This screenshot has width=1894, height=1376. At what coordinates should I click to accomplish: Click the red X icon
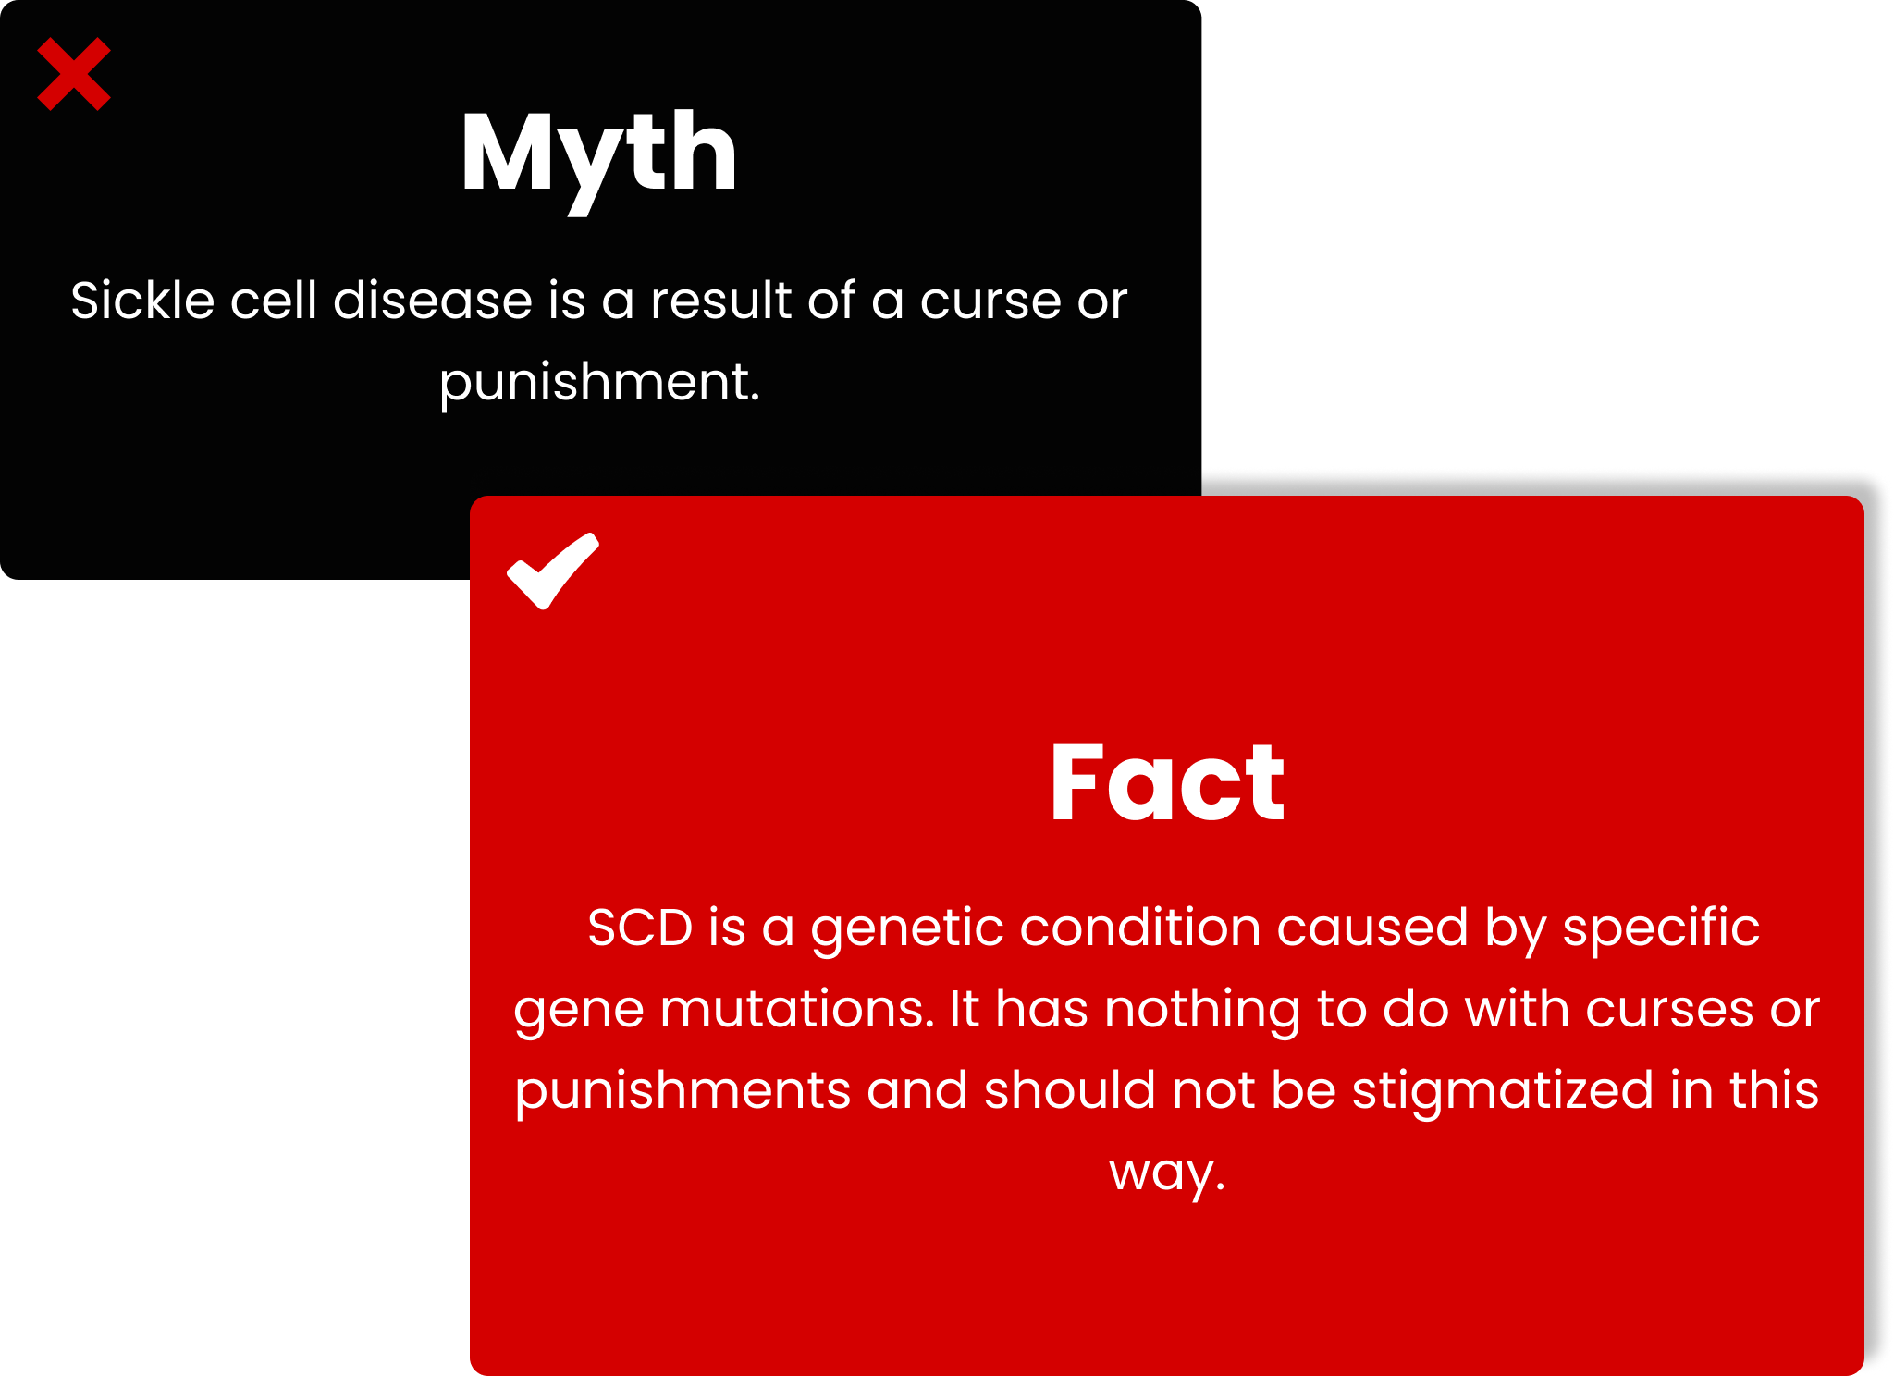point(74,74)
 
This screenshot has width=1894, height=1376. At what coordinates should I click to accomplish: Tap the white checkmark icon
point(553,571)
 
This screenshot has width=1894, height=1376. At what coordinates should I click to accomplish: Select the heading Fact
point(1167,782)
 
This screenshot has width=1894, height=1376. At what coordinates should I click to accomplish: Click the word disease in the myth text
point(433,300)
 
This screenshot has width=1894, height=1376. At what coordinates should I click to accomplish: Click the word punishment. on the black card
point(599,382)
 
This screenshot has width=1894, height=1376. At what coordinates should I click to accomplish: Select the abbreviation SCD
point(640,928)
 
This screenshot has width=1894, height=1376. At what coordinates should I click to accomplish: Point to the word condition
point(1140,928)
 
